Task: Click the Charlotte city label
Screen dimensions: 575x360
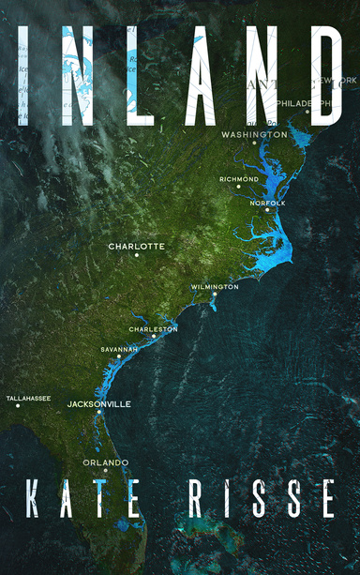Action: click(136, 247)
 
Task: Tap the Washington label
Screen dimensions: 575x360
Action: click(253, 135)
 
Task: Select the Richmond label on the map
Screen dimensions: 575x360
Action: click(239, 179)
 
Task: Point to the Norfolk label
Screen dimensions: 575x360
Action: click(267, 203)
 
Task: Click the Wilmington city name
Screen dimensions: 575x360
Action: click(215, 287)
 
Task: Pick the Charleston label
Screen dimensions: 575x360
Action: click(153, 330)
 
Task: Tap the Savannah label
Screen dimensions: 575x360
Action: click(119, 349)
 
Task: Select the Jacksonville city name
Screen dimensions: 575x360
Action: click(98, 404)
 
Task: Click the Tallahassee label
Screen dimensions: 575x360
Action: click(28, 399)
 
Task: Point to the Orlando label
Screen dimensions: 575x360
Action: click(105, 462)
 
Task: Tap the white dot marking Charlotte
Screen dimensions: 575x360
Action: click(137, 255)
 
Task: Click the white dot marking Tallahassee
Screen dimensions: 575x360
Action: click(18, 405)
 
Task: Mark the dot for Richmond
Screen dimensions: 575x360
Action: click(239, 187)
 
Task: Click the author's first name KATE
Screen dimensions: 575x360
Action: click(84, 498)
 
